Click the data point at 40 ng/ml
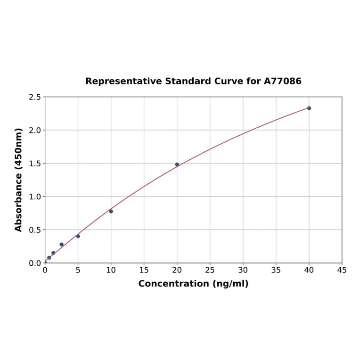tap(309, 108)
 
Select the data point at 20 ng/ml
tap(177, 164)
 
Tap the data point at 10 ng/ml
tap(111, 211)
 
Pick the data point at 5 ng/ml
tap(78, 236)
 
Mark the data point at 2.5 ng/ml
tap(61, 245)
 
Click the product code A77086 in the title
tap(282, 81)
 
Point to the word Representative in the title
tap(123, 81)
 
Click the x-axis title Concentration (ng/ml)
tap(193, 284)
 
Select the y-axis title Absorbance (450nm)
tap(19, 180)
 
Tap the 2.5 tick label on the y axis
tap(35, 97)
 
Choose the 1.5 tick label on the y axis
tap(35, 164)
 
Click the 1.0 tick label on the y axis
tap(35, 196)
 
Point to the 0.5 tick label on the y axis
tap(35, 230)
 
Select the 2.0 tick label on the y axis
tap(35, 130)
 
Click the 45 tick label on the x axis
tap(342, 270)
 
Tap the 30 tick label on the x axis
tap(243, 270)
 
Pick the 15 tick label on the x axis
tap(144, 270)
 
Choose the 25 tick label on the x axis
tap(210, 270)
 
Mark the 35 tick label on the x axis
tap(276, 270)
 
